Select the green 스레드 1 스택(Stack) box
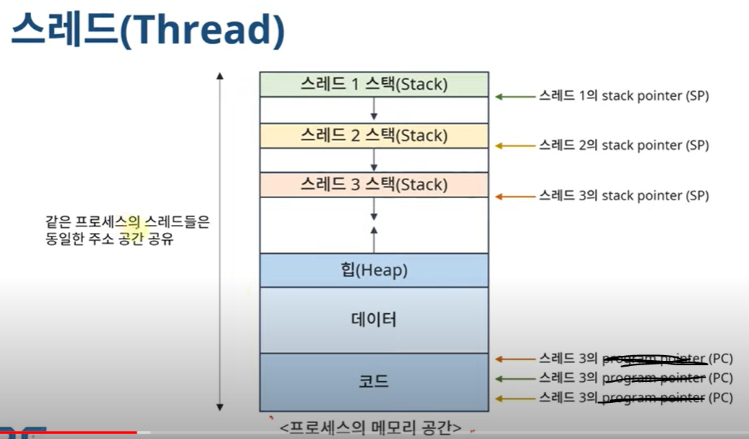pyautogui.click(x=374, y=85)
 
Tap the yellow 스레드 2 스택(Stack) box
pyautogui.click(x=374, y=135)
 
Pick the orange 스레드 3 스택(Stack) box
pyautogui.click(x=374, y=184)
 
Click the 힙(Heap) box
pyautogui.click(x=374, y=270)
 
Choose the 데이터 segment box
pyautogui.click(x=374, y=320)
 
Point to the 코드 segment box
pyautogui.click(x=374, y=381)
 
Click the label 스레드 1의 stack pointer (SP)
pyautogui.click(x=623, y=95)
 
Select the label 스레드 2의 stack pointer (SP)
pyautogui.click(x=623, y=145)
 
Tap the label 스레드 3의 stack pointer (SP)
pyautogui.click(x=623, y=195)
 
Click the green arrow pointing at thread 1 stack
pyautogui.click(x=514, y=95)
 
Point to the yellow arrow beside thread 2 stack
pyautogui.click(x=514, y=145)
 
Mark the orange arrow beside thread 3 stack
pyautogui.click(x=514, y=195)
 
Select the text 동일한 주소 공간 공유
pyautogui.click(x=108, y=239)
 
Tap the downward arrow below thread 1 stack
pyautogui.click(x=374, y=109)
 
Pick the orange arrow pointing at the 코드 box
pyautogui.click(x=514, y=359)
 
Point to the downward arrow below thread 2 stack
pyautogui.click(x=374, y=159)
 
